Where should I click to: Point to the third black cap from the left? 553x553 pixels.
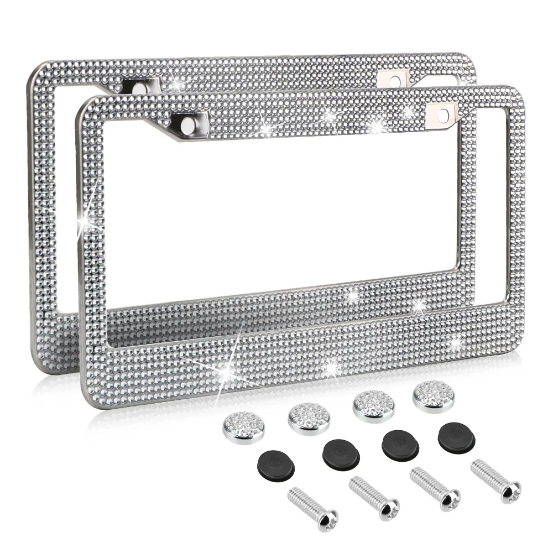click(x=400, y=444)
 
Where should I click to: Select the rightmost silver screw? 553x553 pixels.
click(x=495, y=480)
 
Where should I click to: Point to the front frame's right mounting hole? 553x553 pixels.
click(x=444, y=114)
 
